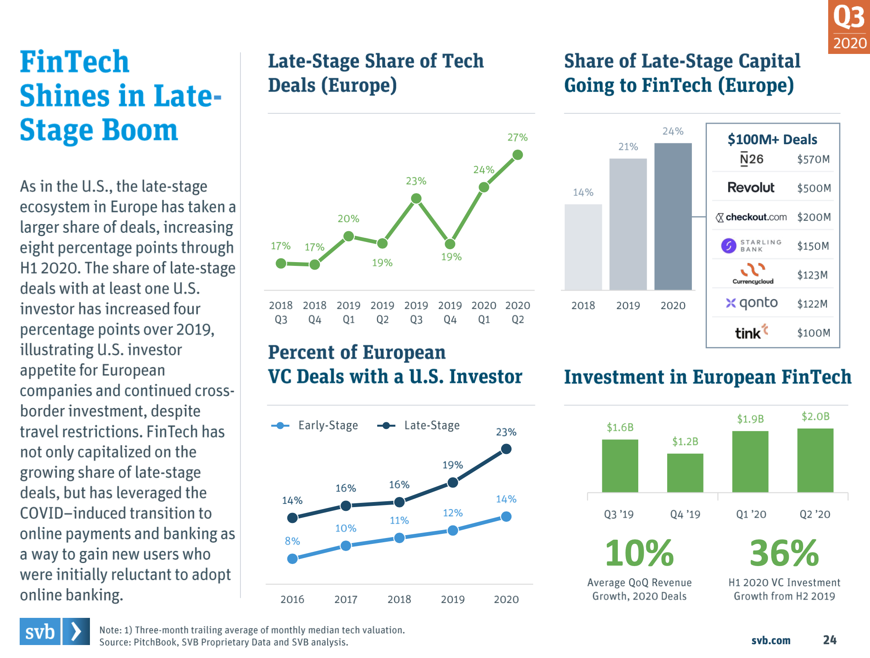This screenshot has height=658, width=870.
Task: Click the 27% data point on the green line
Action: coord(517,155)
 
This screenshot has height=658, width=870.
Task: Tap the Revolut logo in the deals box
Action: coord(751,187)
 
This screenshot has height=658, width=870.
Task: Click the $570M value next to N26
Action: coord(813,159)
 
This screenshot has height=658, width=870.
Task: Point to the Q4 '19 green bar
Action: coord(685,473)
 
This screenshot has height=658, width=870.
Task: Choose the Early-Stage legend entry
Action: coord(315,426)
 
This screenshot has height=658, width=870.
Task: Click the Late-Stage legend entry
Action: coord(418,426)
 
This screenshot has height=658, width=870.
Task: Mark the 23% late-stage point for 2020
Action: coord(506,449)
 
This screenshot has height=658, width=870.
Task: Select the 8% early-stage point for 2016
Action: coord(292,559)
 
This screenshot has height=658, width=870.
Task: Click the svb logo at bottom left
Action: coord(54,631)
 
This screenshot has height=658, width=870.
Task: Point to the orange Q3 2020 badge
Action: coord(849,27)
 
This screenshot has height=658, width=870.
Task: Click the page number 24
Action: coord(829,640)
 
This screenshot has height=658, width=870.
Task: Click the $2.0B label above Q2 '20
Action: coord(815,416)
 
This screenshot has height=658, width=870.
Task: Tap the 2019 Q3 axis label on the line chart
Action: coord(416,312)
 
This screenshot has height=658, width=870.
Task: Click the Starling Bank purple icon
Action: coord(728,246)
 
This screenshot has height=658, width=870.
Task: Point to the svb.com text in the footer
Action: coord(770,640)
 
